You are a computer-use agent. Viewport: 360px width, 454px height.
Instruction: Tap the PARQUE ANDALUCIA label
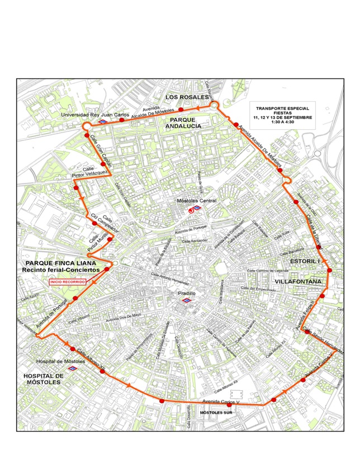click(x=183, y=123)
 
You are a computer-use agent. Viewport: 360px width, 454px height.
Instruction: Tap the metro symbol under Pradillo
click(x=190, y=300)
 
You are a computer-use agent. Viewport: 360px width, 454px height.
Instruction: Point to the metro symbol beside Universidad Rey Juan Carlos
click(x=103, y=121)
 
